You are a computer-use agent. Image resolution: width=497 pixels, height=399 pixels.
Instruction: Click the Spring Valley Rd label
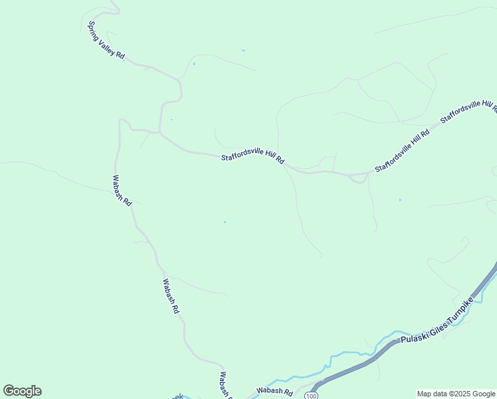[x=106, y=41]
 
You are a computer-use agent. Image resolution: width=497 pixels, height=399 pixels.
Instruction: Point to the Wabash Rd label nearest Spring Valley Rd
[x=122, y=190]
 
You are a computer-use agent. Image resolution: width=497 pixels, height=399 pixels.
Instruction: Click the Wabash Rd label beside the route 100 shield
[x=275, y=392]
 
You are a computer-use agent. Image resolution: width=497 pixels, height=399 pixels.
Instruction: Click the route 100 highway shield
[x=312, y=396]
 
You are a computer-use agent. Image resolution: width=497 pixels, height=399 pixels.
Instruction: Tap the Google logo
[x=23, y=391]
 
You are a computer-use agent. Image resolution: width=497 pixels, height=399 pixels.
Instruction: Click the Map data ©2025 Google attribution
[x=456, y=394]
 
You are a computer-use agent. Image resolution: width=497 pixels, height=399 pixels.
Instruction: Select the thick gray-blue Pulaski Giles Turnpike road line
[x=359, y=366]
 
